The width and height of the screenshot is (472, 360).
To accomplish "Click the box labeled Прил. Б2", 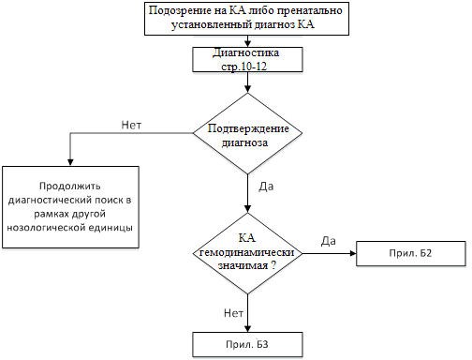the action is tap(411, 253).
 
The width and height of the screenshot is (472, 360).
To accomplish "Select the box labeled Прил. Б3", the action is tap(247, 344).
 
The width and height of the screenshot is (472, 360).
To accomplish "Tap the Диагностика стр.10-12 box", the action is tap(247, 59).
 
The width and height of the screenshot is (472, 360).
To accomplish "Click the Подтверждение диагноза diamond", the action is tap(247, 133).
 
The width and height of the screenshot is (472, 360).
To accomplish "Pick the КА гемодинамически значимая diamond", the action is tap(247, 253).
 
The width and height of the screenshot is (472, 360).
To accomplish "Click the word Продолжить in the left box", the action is tap(70, 187).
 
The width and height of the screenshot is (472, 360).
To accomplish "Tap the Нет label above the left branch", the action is tap(131, 125).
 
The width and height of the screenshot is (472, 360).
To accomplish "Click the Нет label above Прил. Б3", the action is tap(233, 313).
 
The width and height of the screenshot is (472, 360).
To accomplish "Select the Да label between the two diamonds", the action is tap(266, 187).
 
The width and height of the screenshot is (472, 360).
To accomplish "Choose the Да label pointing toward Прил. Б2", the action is tap(329, 241).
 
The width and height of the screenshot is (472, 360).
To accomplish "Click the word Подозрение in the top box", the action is tap(180, 10).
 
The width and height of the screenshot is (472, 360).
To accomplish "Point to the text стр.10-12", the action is tap(244, 67).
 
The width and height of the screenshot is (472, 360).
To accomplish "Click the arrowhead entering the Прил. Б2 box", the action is tap(353, 253).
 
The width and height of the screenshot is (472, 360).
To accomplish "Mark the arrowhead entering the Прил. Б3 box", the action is tap(247, 328).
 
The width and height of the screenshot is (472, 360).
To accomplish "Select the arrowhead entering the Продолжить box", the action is tap(70, 162).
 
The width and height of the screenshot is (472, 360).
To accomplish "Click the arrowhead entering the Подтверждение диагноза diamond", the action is tap(247, 89).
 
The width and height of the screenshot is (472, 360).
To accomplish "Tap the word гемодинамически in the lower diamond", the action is tap(246, 252).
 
